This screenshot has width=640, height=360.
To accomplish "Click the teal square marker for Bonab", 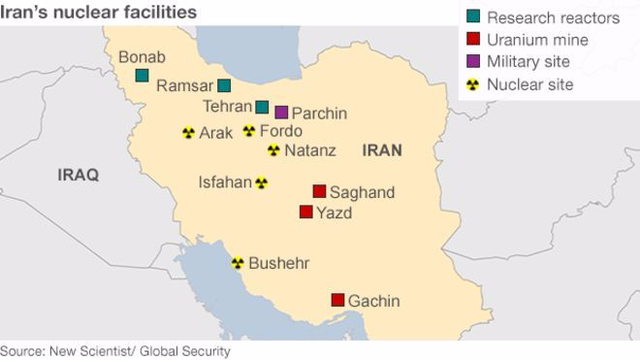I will pos(142,75).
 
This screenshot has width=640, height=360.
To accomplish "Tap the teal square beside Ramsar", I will pos(224,85).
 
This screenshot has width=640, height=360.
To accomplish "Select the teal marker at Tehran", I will pos(262,107).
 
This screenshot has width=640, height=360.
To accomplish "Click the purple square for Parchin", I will pos(281,113).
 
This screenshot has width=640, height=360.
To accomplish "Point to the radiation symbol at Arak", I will pos(188,133).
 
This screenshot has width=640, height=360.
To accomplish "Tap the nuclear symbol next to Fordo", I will pos(249,131).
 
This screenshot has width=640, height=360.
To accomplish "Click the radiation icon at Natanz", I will pos(273,150).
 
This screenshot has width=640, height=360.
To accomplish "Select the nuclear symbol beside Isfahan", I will pos(261,181).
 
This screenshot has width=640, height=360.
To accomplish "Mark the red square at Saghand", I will pos(319,191).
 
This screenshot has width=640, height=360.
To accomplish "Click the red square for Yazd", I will pos(306,212).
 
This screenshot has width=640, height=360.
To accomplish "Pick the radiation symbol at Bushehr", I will pos(238,262).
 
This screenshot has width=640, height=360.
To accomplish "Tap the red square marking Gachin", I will pos(337,300).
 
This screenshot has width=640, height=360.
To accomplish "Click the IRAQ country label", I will pos(79,176).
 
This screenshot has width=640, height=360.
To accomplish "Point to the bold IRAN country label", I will pos(381,150).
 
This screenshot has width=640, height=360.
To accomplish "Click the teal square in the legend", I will pos(472,17).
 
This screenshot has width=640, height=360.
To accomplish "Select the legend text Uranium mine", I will pos(537,40).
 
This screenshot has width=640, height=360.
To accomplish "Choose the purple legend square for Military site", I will pos(472,62).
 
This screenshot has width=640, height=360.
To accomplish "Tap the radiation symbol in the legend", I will pos(472,84).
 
